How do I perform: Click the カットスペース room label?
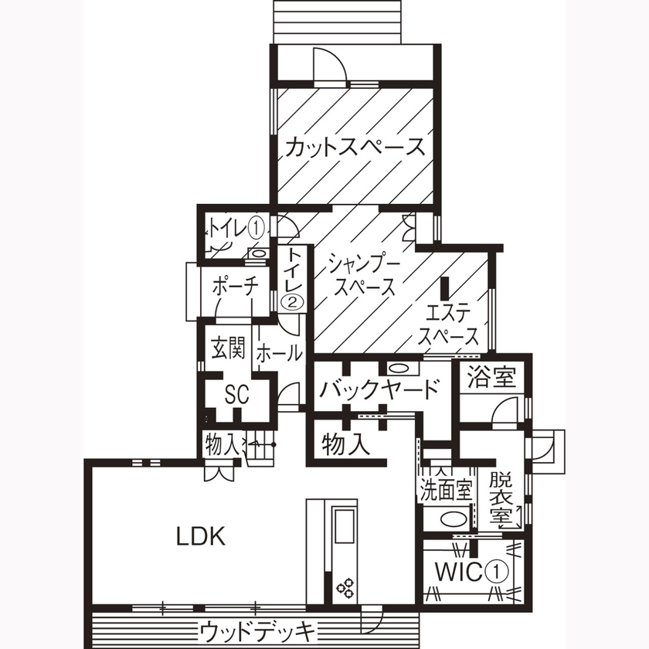click(x=355, y=148)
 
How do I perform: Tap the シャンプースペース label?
click(x=362, y=274)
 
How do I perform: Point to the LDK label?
click(x=199, y=535)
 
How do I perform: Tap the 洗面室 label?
click(x=445, y=489)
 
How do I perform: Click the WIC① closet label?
click(x=472, y=573)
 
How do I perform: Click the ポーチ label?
click(x=235, y=286)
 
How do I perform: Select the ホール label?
click(x=278, y=353)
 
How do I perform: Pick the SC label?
click(x=236, y=395)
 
